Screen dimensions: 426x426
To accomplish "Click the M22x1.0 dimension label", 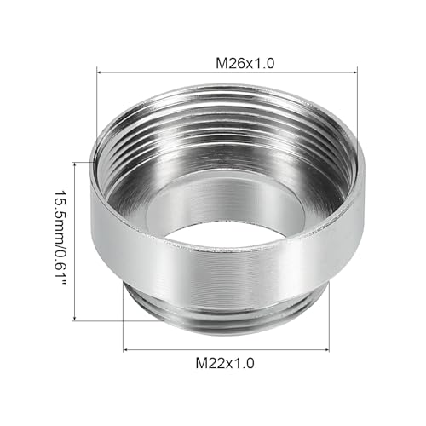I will coord(227,363).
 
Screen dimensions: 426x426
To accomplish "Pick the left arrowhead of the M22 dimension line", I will coord(127,348).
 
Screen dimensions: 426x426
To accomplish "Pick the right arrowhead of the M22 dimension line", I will coord(326,348).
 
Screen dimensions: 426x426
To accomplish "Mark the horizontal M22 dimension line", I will coord(227,348).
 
